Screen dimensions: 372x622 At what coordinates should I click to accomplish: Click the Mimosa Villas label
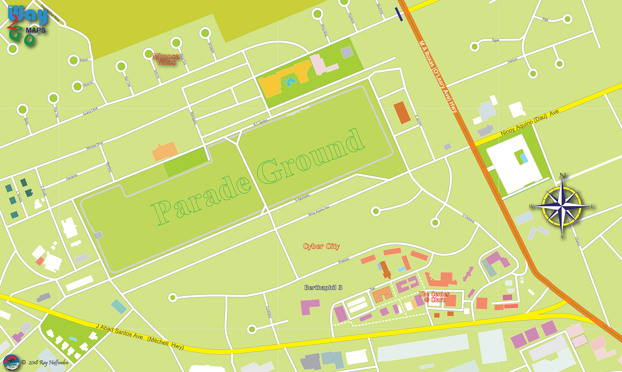(166, 59)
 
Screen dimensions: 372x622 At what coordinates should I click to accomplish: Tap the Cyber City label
(321, 246)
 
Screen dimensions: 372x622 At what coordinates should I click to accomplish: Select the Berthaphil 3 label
(323, 287)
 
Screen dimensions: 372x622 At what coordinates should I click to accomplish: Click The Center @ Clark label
(434, 297)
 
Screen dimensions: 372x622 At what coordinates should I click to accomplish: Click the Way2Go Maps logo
(28, 26)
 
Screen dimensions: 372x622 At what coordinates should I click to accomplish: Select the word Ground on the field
(311, 156)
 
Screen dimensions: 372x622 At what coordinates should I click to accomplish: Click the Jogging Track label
(298, 111)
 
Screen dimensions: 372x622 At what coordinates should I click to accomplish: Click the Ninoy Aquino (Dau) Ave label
(530, 122)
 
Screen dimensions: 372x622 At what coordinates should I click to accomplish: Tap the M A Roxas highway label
(438, 76)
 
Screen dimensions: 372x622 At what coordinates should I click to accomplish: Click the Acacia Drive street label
(90, 111)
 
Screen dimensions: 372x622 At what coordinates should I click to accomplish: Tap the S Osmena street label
(468, 218)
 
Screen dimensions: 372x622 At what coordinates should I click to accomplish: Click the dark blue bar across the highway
(399, 15)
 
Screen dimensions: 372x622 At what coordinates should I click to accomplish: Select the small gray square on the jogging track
(98, 235)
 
